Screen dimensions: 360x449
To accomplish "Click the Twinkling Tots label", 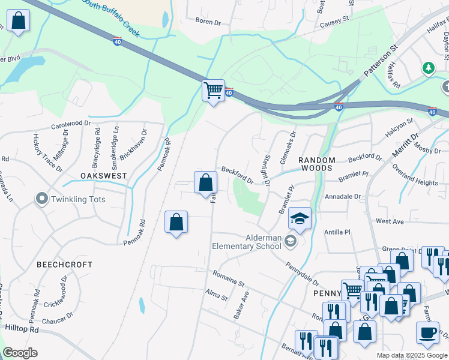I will tap(79, 199).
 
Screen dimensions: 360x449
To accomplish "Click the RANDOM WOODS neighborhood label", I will tap(316, 164).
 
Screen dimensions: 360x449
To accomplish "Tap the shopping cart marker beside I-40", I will tap(213, 91).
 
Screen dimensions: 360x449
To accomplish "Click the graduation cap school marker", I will tap(300, 218).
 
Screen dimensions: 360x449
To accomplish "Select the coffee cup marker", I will tap(427, 332).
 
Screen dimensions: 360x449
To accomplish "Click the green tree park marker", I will tap(429, 68).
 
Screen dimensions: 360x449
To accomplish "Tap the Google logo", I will tap(20, 353).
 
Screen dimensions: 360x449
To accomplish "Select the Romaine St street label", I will tap(228, 278).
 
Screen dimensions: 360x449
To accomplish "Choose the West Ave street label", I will tap(390, 221).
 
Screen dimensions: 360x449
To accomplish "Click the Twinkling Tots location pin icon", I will tap(41, 198).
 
